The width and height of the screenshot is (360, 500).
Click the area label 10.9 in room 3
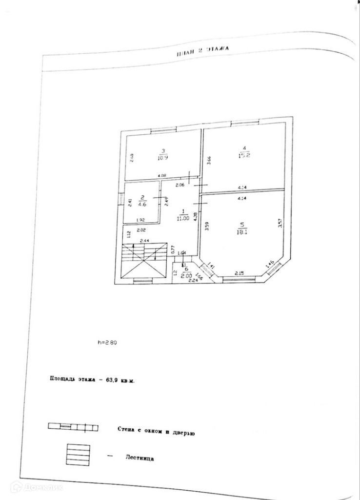pyautogui.click(x=163, y=158)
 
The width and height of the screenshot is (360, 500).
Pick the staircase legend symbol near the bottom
pyautogui.click(x=78, y=455)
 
